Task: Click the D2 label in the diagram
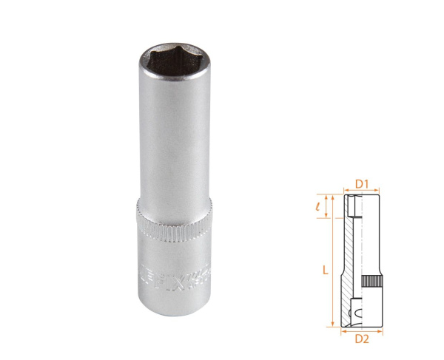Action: pyautogui.click(x=361, y=339)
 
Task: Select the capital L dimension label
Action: pyautogui.click(x=325, y=271)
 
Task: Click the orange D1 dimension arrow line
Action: pyautogui.click(x=361, y=191)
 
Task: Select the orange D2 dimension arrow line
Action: pyautogui.click(x=361, y=330)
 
